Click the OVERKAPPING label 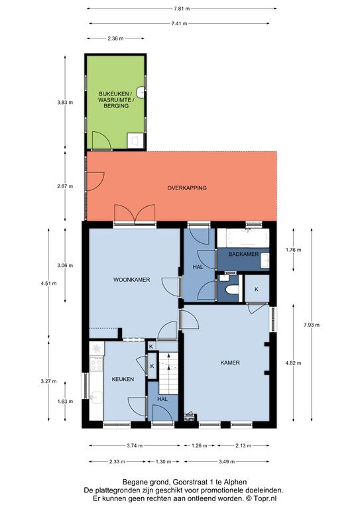point(187,188)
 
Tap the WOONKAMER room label point(131,280)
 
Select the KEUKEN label point(123,379)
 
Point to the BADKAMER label point(243,254)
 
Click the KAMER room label point(230,363)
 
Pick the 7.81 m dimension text point(182,9)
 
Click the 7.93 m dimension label point(312,325)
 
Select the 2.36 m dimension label point(115,38)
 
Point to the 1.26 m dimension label point(199,445)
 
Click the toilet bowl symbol point(232,289)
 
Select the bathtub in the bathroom point(243,239)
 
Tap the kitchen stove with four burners point(96,364)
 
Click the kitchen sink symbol point(96,397)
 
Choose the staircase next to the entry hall point(168,373)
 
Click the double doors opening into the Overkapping point(135,214)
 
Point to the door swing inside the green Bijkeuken point(101,141)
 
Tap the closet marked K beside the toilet point(257,288)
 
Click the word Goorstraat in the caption point(186,482)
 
